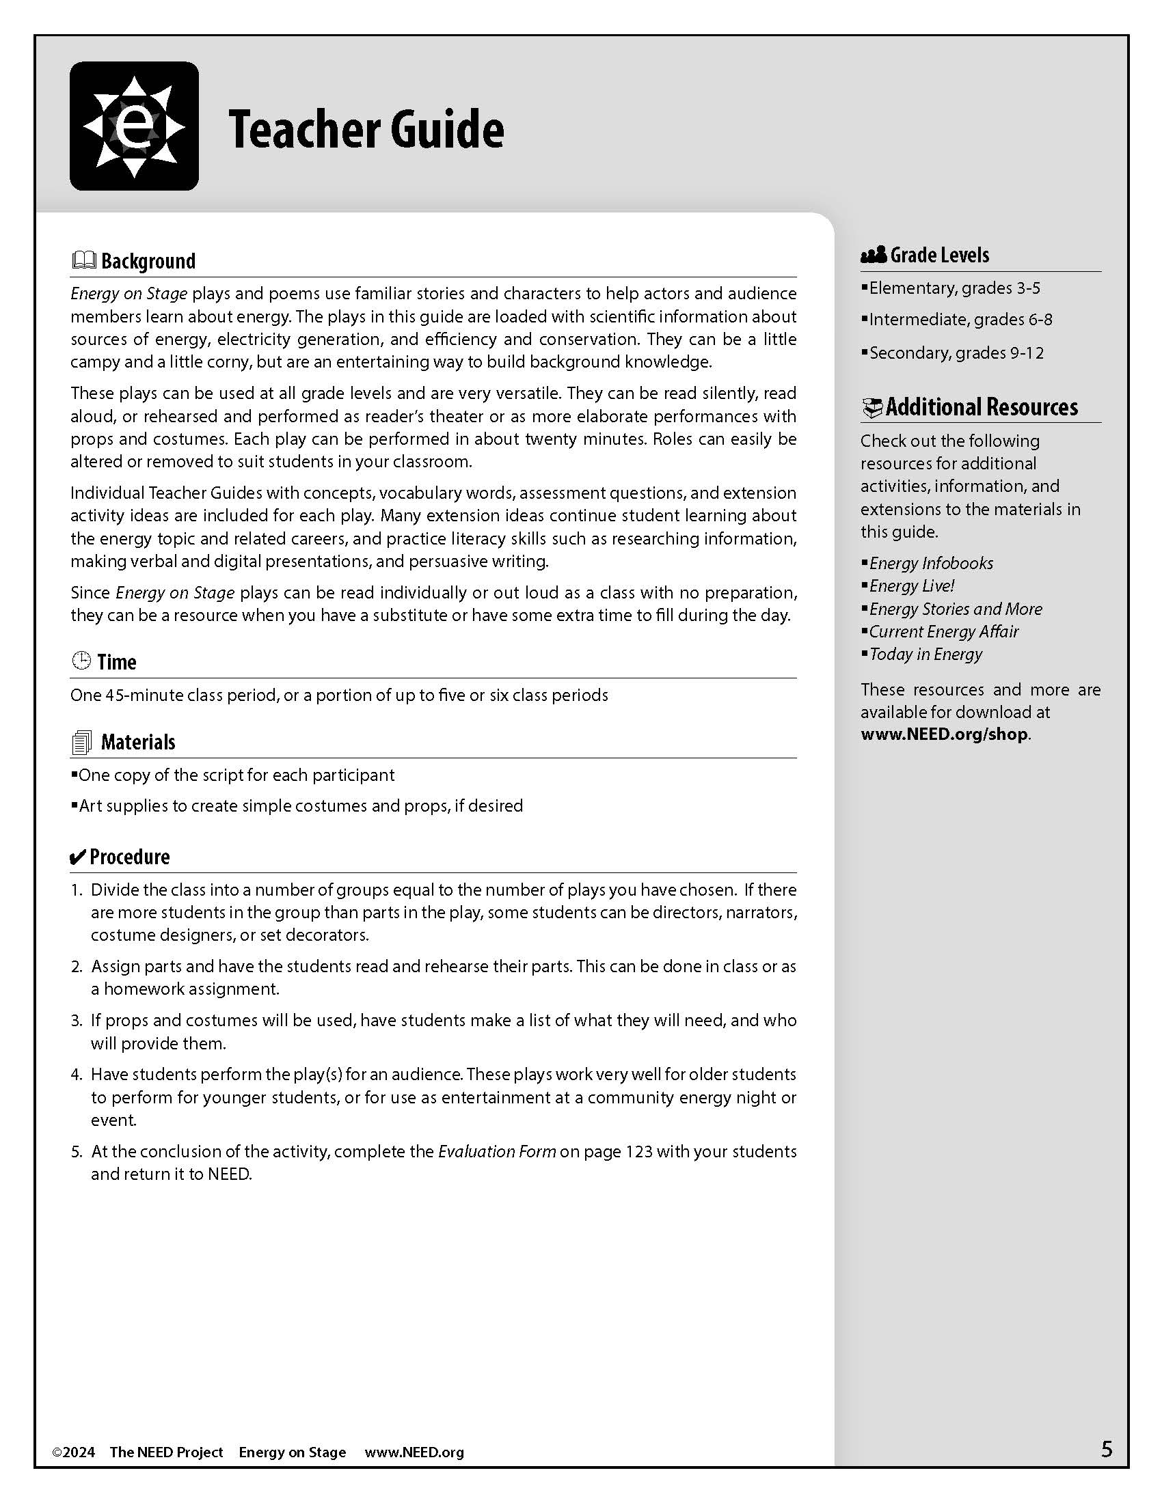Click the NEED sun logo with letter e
coord(134,126)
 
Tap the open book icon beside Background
coord(83,260)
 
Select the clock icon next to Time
coord(81,661)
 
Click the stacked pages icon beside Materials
coord(81,743)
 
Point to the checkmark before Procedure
coord(78,857)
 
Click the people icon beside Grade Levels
coord(873,256)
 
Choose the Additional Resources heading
coord(981,406)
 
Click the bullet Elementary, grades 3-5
coord(954,288)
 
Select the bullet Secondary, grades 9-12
coord(956,353)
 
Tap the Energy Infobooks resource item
coord(931,563)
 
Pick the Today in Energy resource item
coord(925,654)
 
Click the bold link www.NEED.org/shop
coord(944,734)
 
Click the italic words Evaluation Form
coord(497,1151)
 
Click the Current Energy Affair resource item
coord(943,631)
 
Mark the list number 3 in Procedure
coord(77,1021)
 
